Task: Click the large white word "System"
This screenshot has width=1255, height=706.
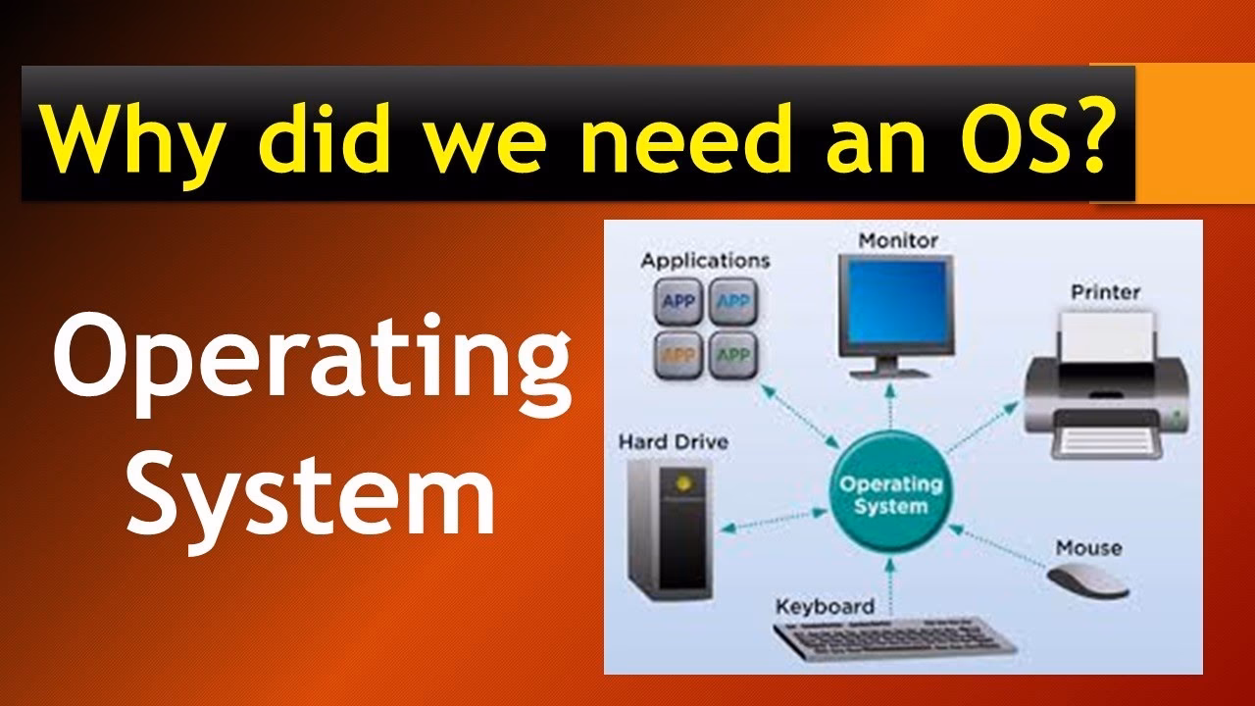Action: tap(312, 500)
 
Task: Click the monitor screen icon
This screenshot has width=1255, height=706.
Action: tap(896, 301)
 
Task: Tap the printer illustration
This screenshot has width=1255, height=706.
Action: tap(1108, 387)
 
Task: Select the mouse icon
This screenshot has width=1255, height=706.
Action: tap(1088, 581)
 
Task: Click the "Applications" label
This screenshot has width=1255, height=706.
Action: tap(705, 261)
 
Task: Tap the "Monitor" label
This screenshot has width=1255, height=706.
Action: tap(898, 239)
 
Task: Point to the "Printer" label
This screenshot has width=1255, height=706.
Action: tap(1105, 291)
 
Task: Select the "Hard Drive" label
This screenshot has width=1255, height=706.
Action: tap(673, 442)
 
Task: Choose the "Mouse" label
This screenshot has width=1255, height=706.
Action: tap(1088, 547)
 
